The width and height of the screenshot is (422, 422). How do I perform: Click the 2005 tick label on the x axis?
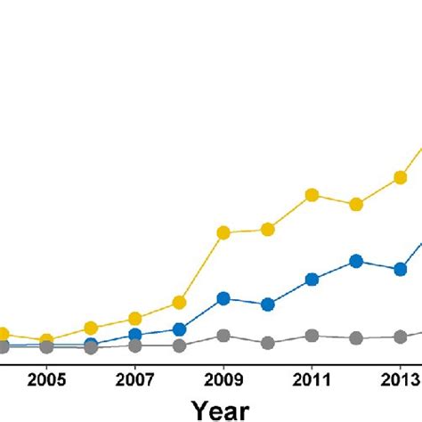46,377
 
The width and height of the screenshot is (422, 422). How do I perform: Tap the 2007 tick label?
134,377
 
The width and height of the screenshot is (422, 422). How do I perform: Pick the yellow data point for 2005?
46,340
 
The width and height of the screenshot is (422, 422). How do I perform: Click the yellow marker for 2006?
91,329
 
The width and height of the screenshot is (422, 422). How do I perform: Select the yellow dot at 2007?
134,319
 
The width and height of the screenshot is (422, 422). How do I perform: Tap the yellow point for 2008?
179,303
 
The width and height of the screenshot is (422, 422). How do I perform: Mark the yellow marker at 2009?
223,232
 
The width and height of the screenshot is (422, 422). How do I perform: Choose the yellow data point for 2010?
267,230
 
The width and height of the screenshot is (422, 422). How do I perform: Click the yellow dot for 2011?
312,194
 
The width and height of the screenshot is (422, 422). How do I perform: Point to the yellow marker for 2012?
356,205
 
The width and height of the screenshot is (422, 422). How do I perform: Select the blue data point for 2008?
179,329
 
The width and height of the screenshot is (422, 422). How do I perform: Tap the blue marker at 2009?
223,298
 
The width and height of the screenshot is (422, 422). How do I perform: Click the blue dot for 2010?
267,304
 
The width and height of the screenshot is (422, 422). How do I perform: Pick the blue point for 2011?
312,280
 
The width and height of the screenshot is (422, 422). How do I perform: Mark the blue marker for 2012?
356,261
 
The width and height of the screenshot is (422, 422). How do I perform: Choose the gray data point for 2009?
223,336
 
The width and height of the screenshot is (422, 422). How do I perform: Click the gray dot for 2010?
267,343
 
